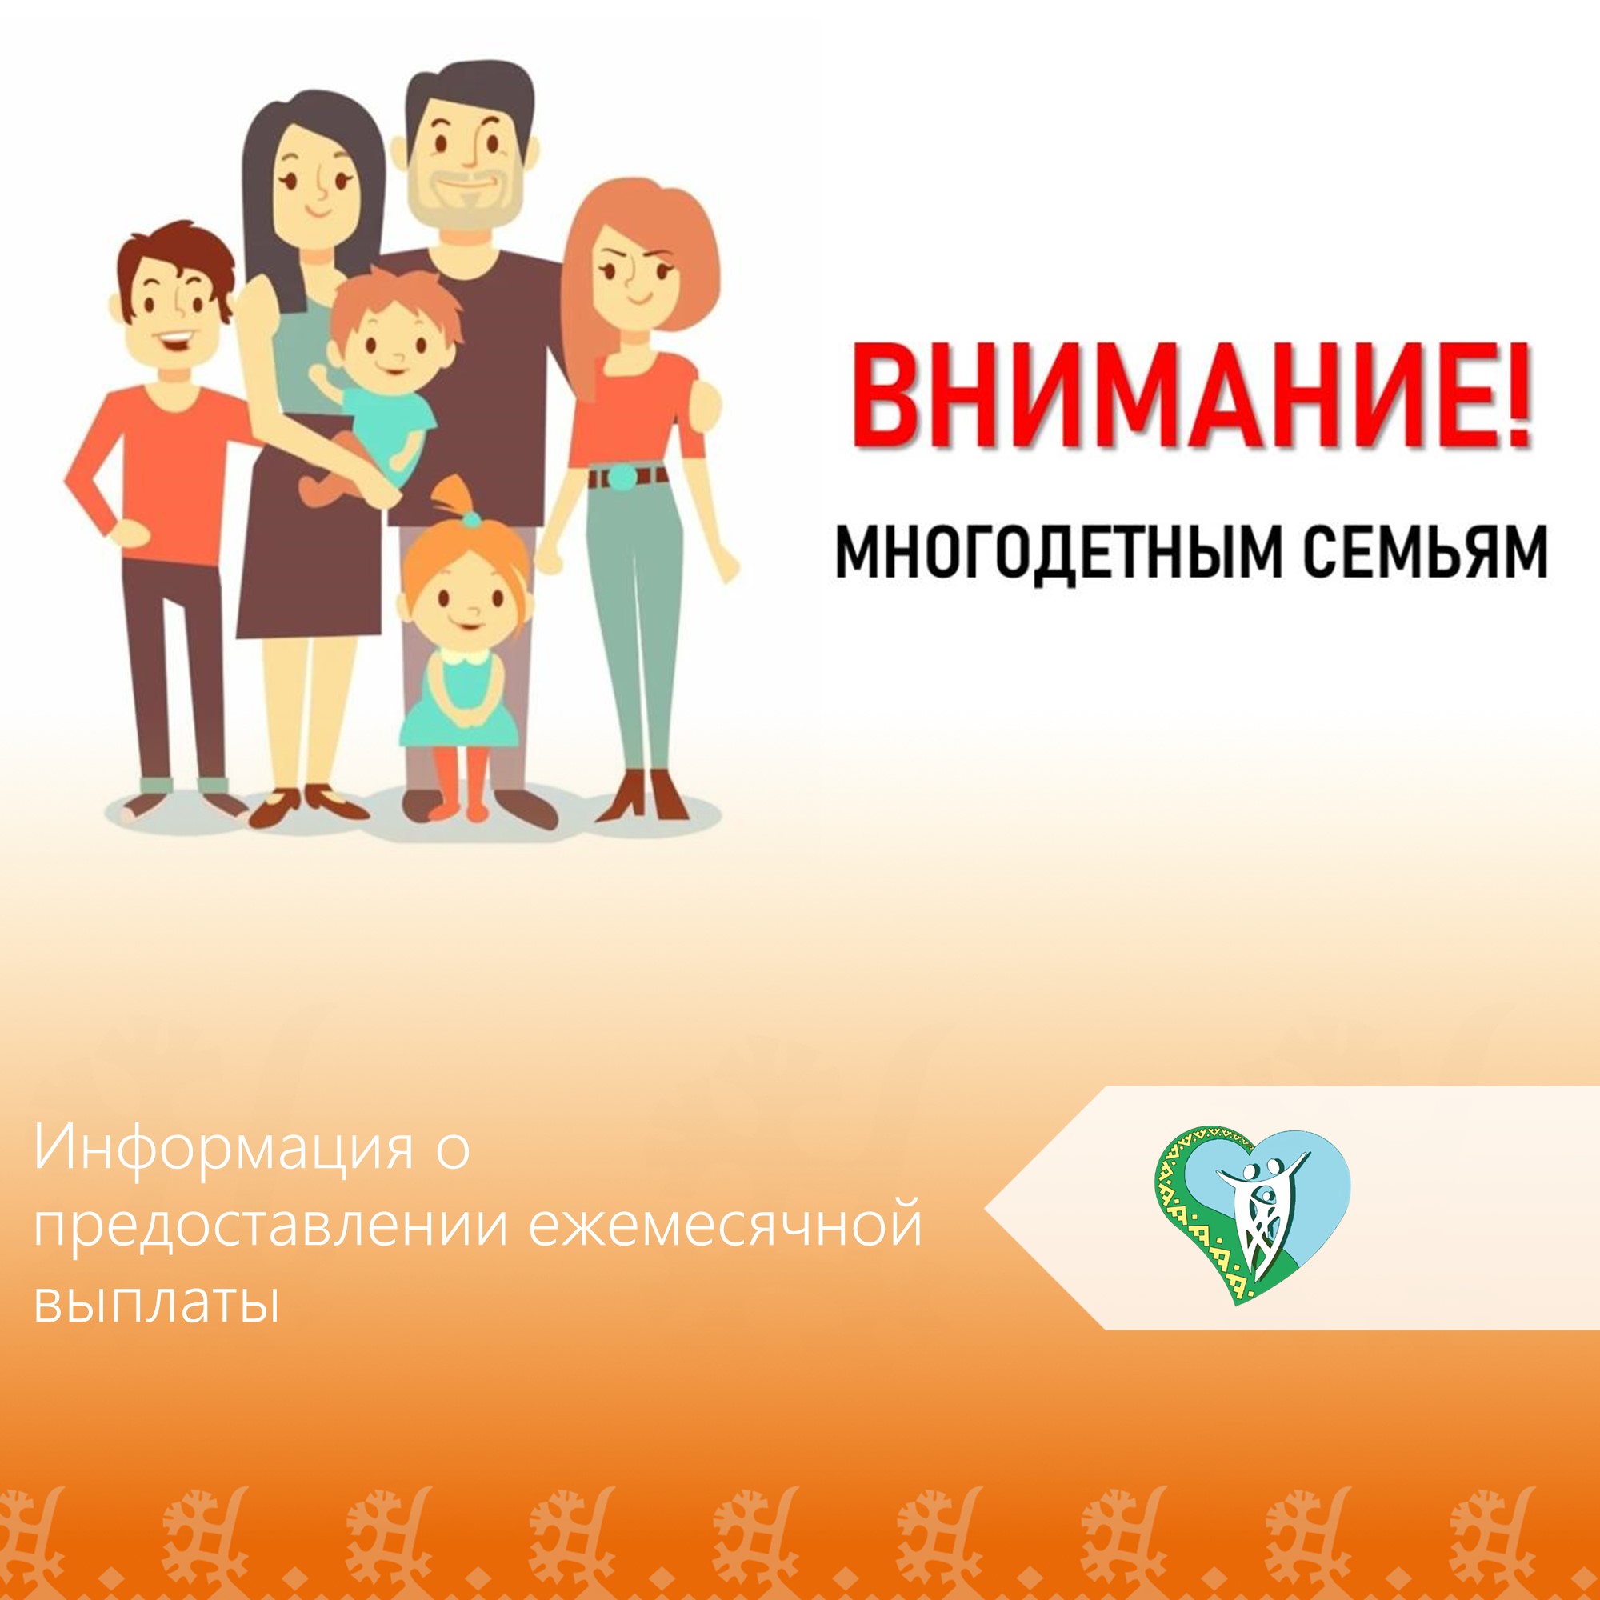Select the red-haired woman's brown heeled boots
pos(643,795)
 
